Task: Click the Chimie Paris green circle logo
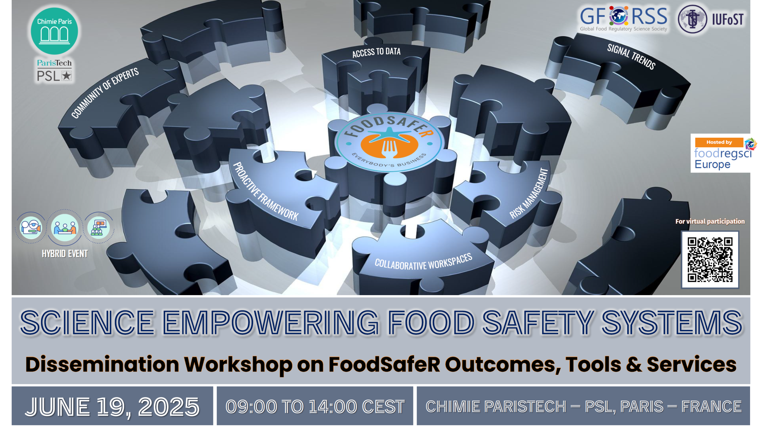[54, 31]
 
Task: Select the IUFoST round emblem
[692, 19]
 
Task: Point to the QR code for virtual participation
[710, 259]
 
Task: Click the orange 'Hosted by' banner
[719, 142]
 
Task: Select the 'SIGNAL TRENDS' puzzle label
[631, 57]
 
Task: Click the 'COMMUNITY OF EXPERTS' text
[105, 93]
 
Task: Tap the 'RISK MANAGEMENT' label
[529, 193]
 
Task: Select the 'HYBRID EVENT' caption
[65, 253]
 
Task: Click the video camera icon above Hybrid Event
[31, 228]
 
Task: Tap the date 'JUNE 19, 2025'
[112, 407]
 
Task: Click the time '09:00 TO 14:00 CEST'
[315, 407]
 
